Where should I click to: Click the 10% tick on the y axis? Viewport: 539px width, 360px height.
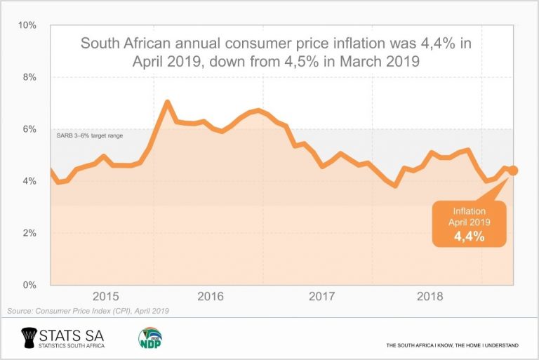[x=27, y=25]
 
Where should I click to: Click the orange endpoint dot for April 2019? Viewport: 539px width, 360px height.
[x=513, y=170]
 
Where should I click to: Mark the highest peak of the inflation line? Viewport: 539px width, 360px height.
[x=167, y=102]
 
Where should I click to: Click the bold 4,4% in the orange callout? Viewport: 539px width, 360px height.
[x=469, y=236]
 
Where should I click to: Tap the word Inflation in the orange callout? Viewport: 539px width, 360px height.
[x=469, y=210]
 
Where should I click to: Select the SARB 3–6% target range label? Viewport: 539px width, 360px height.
[x=89, y=135]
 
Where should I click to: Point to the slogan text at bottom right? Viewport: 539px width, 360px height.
[x=452, y=346]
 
